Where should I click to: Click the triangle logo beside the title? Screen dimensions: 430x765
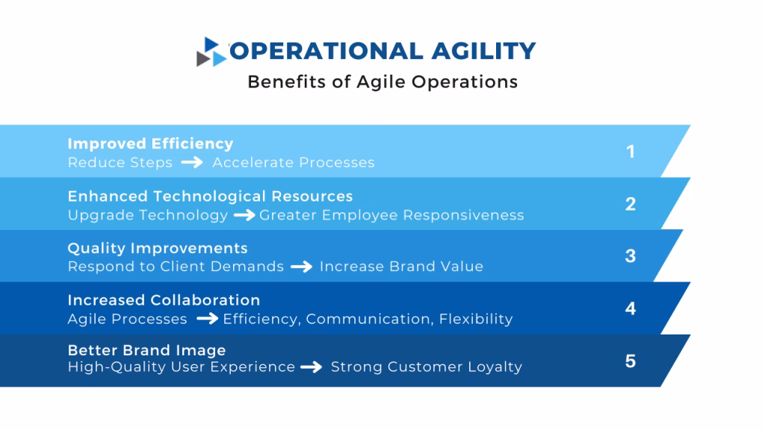212,52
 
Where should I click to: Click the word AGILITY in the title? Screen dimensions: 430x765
483,51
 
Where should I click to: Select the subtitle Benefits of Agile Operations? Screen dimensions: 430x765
382,81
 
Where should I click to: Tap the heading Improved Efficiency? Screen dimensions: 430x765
150,143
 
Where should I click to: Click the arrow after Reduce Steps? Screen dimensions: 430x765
192,163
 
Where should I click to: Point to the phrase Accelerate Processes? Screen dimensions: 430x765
294,163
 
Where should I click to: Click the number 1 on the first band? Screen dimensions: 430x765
631,152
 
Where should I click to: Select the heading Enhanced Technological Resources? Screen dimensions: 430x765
210,196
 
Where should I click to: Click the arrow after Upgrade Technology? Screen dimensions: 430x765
244,216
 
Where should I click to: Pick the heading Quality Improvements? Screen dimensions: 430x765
158,248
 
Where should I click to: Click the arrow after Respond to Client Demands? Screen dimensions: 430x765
301,267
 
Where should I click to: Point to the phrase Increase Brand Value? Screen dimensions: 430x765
401,267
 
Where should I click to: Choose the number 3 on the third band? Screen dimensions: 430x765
631,256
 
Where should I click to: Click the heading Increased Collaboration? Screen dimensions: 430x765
164,300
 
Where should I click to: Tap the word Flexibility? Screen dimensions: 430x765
476,320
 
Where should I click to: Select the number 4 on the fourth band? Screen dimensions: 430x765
631,308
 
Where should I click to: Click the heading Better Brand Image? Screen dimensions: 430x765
146,350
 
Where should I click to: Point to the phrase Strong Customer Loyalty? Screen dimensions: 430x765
427,367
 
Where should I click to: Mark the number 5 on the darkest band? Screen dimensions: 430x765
631,361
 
